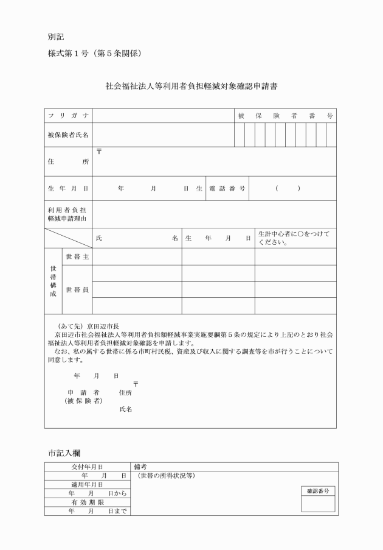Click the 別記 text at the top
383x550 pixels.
pos(55,37)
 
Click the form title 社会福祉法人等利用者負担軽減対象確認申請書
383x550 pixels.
pos(192,86)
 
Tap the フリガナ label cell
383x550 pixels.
pos(68,116)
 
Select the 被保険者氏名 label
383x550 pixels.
pos(68,135)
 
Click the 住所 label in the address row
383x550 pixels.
pos(68,162)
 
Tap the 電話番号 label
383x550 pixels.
pos(227,189)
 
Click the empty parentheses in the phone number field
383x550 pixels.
pos(287,189)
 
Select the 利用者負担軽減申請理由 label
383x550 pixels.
pos(68,214)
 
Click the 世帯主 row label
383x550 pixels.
pos(77,257)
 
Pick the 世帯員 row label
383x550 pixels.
pos(77,289)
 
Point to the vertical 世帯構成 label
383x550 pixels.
pos(53,281)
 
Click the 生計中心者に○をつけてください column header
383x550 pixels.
pos(294,238)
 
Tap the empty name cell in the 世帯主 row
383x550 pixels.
pos(137,257)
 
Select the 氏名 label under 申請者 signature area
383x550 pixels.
pos(126,409)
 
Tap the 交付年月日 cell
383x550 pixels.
pos(87,467)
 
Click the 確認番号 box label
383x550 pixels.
pos(319,490)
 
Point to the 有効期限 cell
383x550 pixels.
pos(87,502)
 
